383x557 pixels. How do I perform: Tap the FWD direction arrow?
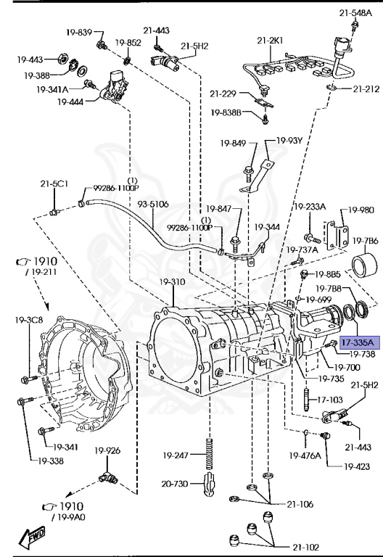33,536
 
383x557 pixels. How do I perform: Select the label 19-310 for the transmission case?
172,282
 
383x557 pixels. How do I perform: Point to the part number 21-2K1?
271,41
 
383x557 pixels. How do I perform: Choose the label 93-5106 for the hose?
153,205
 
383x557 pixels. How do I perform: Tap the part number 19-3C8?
29,320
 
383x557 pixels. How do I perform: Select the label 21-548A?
355,13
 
